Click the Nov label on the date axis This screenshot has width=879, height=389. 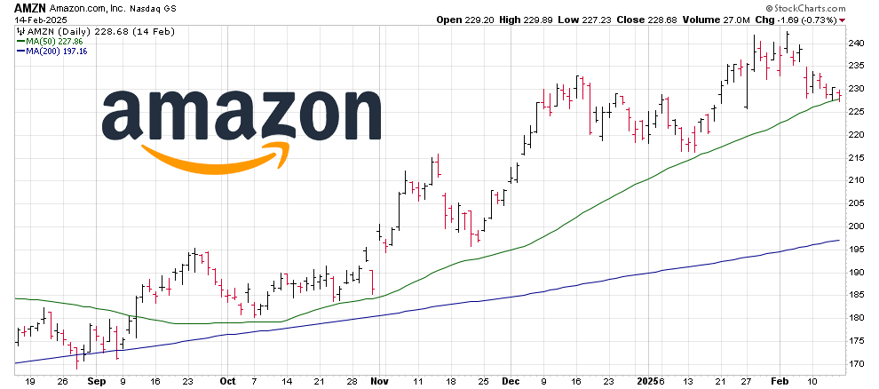point(379,379)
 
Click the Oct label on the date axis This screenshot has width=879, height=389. point(229,379)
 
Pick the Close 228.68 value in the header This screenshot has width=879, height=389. point(653,19)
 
